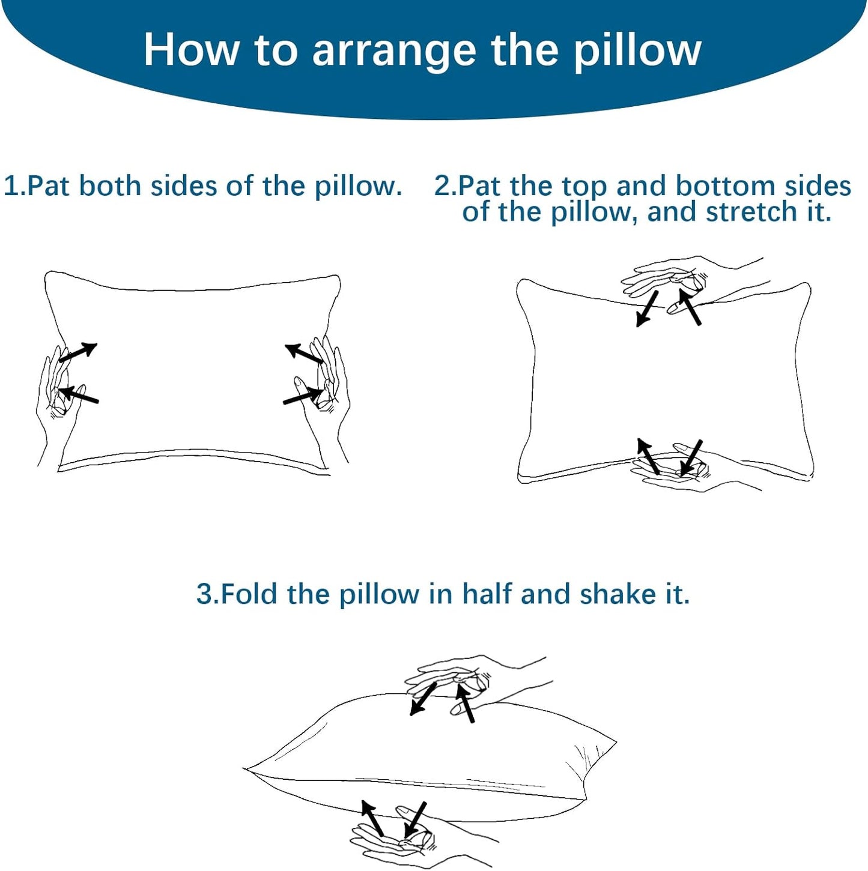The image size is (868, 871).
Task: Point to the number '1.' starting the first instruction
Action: point(14,186)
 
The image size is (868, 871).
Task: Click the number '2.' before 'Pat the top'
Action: point(445,186)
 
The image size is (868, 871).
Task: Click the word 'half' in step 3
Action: point(487,594)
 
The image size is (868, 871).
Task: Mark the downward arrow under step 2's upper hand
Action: point(646,309)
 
